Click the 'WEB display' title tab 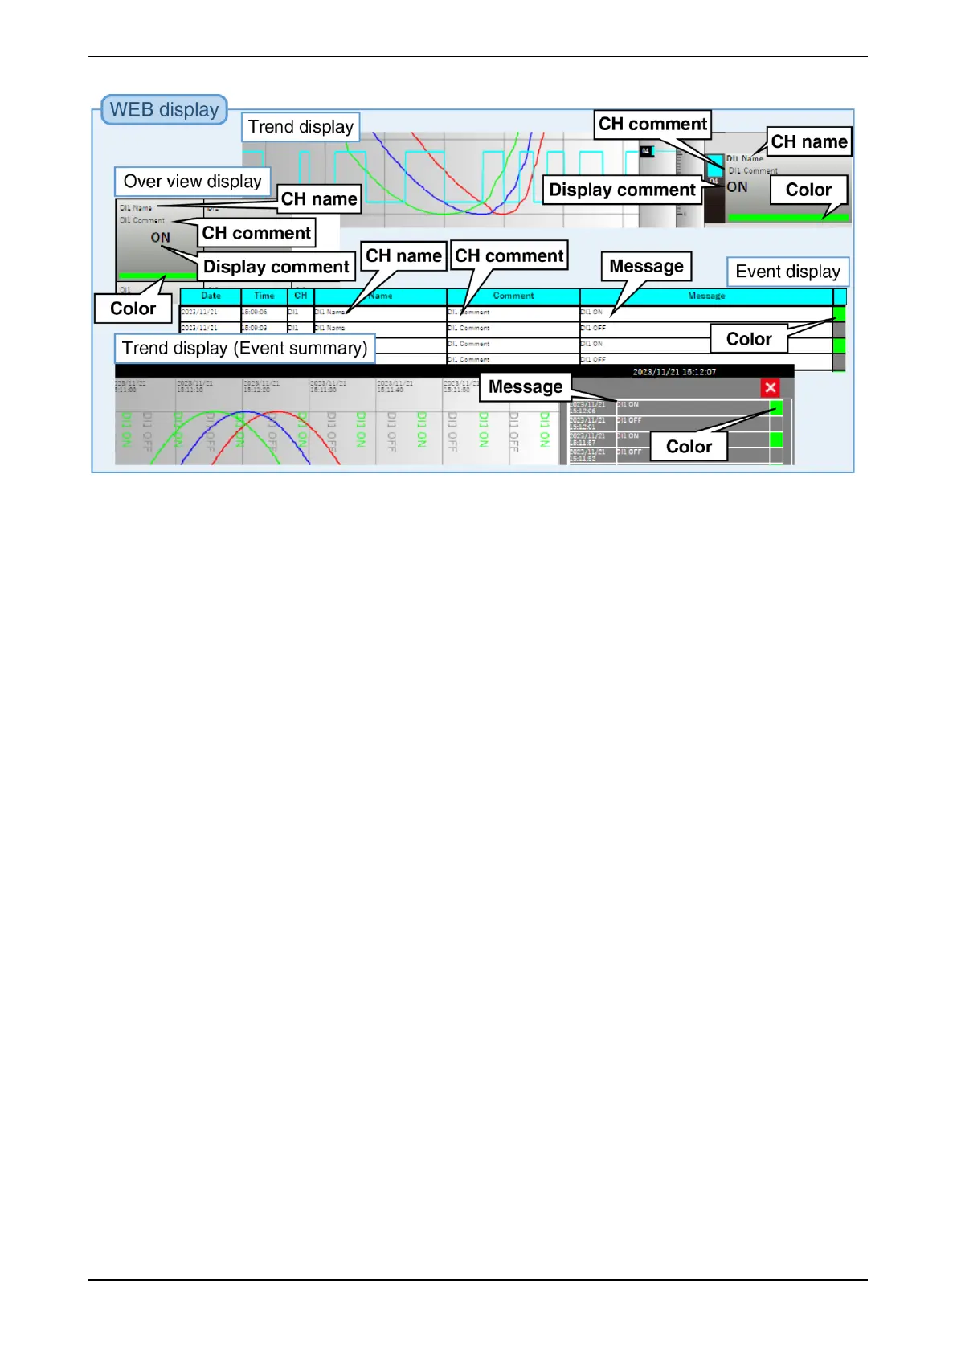[164, 110]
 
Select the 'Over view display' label [192, 182]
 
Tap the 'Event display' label [787, 272]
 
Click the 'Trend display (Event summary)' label [244, 348]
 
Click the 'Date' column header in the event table [211, 296]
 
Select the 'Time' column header [264, 296]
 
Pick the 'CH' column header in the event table [301, 296]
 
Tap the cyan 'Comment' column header [513, 296]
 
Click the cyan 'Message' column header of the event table [706, 296]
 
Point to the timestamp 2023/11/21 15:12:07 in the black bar [673, 372]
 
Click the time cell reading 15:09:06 [255, 312]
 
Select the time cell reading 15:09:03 [255, 328]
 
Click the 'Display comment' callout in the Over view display [276, 267]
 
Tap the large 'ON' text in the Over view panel [161, 238]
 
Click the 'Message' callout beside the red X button [526, 386]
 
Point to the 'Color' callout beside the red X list [689, 447]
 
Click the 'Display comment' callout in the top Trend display [622, 190]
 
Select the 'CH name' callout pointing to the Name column [403, 255]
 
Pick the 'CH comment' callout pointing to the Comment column [509, 255]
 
